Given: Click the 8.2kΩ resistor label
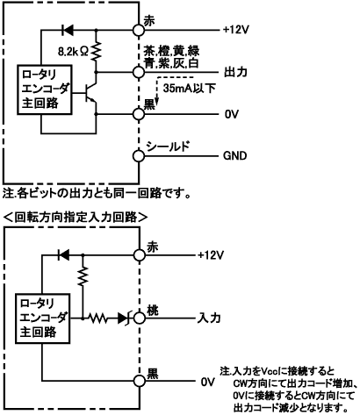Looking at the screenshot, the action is (x=73, y=52).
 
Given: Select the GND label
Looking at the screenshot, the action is (x=235, y=155).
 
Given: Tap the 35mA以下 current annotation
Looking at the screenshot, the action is (x=190, y=88).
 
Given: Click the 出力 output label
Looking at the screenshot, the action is (x=235, y=72).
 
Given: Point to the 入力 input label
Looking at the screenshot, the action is (x=209, y=318).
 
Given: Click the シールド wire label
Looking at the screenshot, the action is (x=168, y=147).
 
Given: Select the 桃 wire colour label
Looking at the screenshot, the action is (x=153, y=311).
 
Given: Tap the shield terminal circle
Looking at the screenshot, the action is (x=139, y=156).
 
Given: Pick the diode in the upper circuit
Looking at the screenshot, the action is (x=68, y=30).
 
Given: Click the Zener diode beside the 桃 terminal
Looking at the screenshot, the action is (x=125, y=318).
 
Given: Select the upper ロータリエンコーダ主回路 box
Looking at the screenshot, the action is (x=45, y=89).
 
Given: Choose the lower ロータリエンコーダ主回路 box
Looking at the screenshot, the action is (x=43, y=318).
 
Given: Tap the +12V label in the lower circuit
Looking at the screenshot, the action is (x=211, y=255).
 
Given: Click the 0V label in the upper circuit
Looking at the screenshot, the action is (x=232, y=114).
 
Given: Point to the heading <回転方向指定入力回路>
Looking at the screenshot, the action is (x=76, y=218).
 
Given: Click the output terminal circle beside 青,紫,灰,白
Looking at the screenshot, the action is (x=139, y=72).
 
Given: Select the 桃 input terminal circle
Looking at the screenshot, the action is (x=140, y=318).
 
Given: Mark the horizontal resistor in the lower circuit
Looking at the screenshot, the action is (x=98, y=318).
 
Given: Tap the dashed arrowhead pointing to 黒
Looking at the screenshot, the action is (x=156, y=102).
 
